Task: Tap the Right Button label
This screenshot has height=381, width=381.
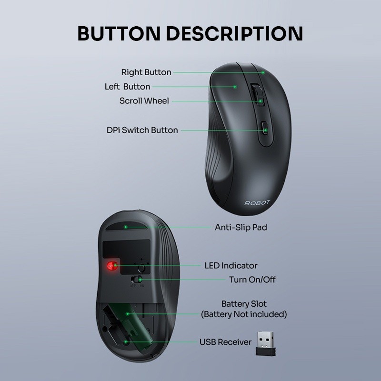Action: tap(146, 72)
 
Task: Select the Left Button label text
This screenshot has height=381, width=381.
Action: tap(127, 87)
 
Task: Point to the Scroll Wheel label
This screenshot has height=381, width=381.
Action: tap(144, 101)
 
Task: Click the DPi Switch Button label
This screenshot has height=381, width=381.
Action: tap(142, 130)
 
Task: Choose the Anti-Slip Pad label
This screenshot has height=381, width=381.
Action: tap(241, 227)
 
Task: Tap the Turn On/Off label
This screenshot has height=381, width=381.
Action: tap(252, 280)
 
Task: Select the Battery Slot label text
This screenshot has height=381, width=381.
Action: tap(244, 304)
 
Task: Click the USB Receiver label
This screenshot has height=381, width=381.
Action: tap(225, 342)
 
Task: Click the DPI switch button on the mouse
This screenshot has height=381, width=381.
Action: tap(265, 130)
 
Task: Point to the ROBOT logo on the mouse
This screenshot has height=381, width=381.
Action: tap(257, 202)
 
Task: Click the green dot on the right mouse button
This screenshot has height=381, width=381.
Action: tap(263, 72)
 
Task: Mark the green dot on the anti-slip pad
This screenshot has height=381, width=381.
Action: tap(125, 227)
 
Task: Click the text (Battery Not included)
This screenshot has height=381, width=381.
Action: tap(244, 314)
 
